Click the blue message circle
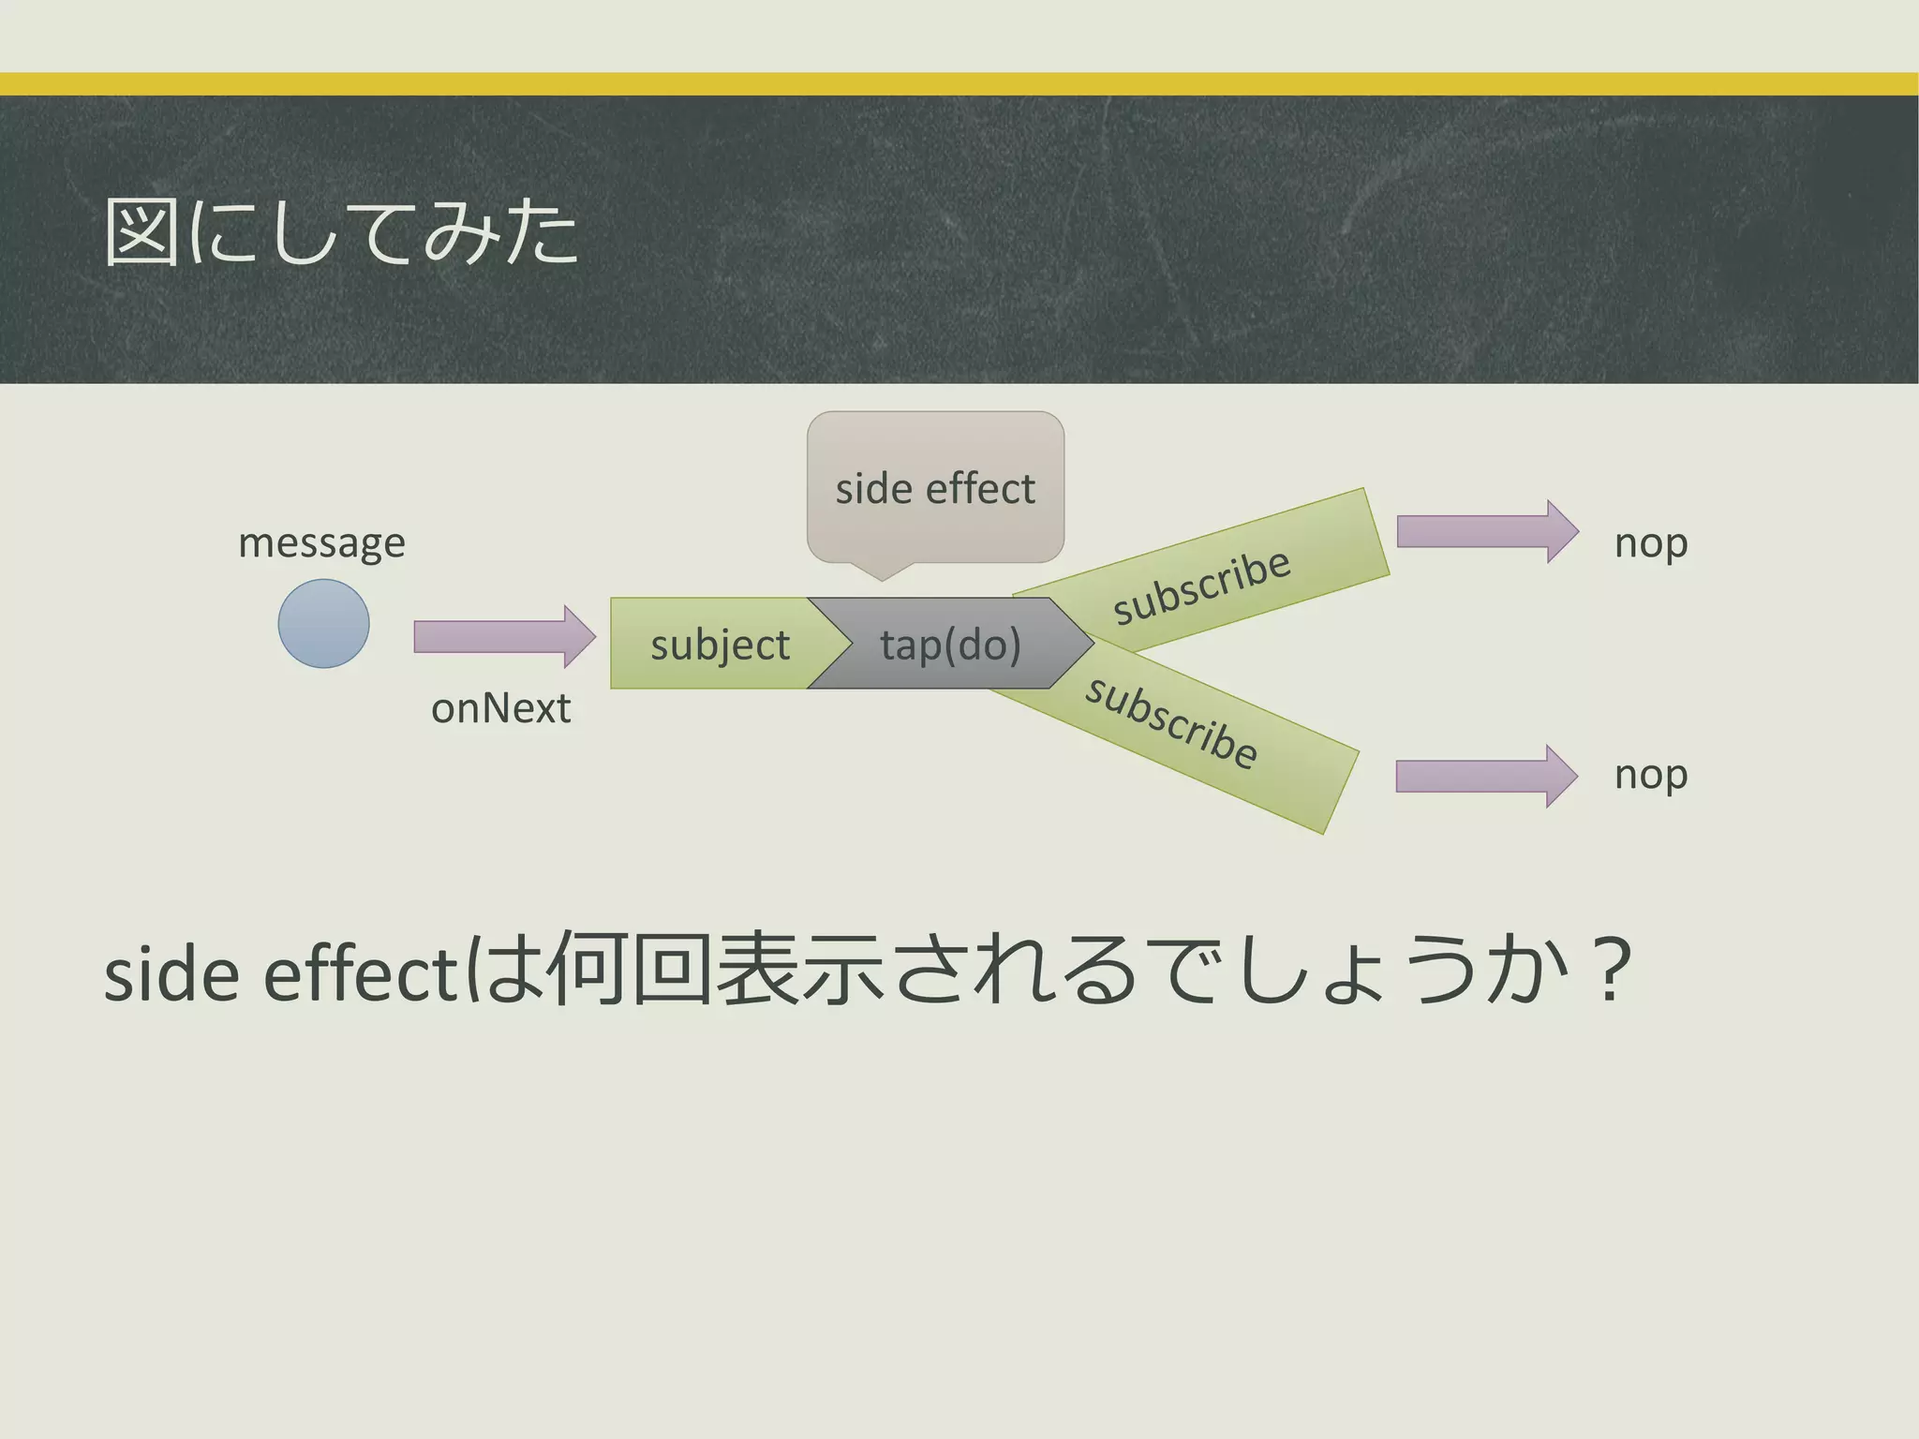click(x=323, y=623)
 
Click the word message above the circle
click(x=321, y=543)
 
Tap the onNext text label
click(x=500, y=708)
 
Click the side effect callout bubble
click(x=935, y=488)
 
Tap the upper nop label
click(x=1650, y=543)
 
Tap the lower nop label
click(x=1650, y=775)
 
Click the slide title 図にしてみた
click(x=342, y=232)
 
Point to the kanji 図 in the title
click(x=141, y=232)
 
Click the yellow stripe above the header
click(x=959, y=84)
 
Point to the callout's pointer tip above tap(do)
click(x=882, y=577)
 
